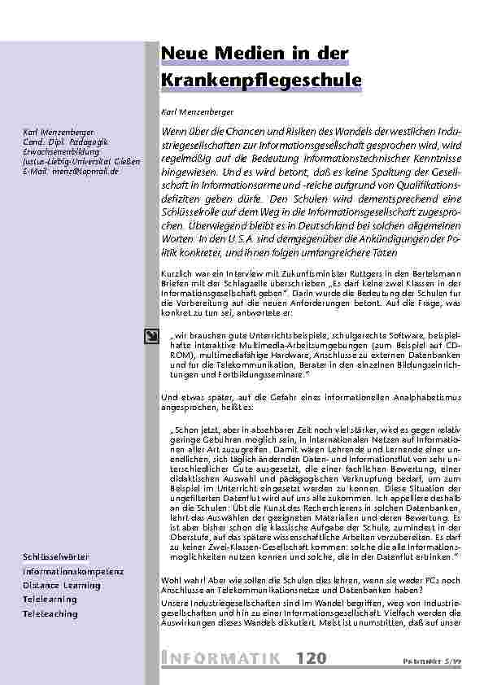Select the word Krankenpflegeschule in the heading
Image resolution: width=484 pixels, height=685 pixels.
tap(255, 81)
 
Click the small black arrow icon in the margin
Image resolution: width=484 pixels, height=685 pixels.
tap(151, 335)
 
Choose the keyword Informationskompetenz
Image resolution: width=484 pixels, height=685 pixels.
tap(73, 571)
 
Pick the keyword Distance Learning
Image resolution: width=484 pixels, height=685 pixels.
tap(61, 585)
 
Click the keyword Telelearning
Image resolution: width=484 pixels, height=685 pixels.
tap(50, 599)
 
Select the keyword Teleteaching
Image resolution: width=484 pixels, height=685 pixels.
tap(50, 613)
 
